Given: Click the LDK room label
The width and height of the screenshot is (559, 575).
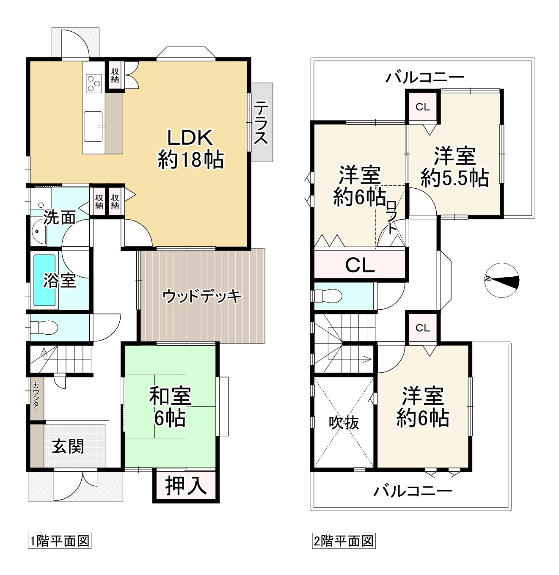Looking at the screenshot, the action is pyautogui.click(x=190, y=138).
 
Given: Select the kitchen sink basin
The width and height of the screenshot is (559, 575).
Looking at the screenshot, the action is pyautogui.click(x=94, y=126).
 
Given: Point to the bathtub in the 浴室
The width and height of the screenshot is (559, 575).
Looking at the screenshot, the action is pyautogui.click(x=44, y=280).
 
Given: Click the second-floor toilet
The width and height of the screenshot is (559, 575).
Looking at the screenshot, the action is pyautogui.click(x=328, y=296).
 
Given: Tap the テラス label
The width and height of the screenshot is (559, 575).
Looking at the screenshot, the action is pyautogui.click(x=261, y=122).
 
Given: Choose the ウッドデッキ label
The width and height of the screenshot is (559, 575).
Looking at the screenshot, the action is pyautogui.click(x=202, y=296).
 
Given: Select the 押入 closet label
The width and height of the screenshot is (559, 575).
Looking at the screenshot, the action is pyautogui.click(x=186, y=485).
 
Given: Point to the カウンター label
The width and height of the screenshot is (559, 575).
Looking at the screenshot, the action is pyautogui.click(x=36, y=398).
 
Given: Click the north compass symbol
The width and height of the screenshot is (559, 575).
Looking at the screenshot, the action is pyautogui.click(x=502, y=280).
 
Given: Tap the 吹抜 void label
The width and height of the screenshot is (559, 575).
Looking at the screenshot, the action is pyautogui.click(x=344, y=423).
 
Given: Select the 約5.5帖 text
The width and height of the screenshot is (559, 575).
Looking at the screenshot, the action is pyautogui.click(x=455, y=178).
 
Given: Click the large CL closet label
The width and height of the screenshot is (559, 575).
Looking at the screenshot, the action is pyautogui.click(x=360, y=265).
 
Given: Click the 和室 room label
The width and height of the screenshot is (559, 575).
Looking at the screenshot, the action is pyautogui.click(x=170, y=396).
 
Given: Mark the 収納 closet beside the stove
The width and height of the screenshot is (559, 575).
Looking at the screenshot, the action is pyautogui.click(x=115, y=75).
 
